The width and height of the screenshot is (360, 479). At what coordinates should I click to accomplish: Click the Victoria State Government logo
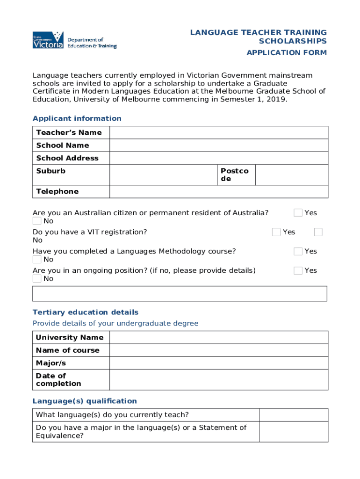(48, 40)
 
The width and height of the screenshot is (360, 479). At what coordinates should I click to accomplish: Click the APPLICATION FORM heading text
(287, 53)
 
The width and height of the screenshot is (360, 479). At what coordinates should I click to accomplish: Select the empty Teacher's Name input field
(218, 132)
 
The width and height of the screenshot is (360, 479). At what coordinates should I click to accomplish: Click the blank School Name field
(218, 145)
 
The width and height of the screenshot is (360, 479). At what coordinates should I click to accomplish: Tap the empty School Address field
(218, 158)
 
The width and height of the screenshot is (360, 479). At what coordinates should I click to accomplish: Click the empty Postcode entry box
(291, 175)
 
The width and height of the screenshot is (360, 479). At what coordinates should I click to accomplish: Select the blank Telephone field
(218, 191)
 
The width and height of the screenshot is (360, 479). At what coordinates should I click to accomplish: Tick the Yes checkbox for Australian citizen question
(298, 213)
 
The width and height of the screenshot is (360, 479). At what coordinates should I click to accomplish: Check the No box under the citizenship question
(37, 221)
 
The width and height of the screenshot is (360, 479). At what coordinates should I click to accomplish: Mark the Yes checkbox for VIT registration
(276, 232)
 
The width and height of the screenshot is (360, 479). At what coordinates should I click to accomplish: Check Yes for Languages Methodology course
(298, 251)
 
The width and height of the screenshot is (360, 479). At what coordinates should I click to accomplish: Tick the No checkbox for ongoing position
(37, 279)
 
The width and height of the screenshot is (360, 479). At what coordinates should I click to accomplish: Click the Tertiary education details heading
(85, 312)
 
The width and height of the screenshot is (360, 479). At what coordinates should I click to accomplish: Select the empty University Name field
(218, 337)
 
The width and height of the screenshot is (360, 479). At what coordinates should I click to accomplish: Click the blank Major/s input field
(218, 363)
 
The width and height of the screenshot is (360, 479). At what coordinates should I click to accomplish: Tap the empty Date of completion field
(218, 379)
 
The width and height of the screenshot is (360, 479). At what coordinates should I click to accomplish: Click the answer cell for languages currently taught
(294, 415)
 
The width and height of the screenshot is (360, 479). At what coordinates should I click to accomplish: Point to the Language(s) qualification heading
(85, 401)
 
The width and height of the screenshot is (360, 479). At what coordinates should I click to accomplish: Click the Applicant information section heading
(77, 118)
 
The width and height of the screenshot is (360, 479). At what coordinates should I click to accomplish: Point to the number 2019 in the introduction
(274, 99)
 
